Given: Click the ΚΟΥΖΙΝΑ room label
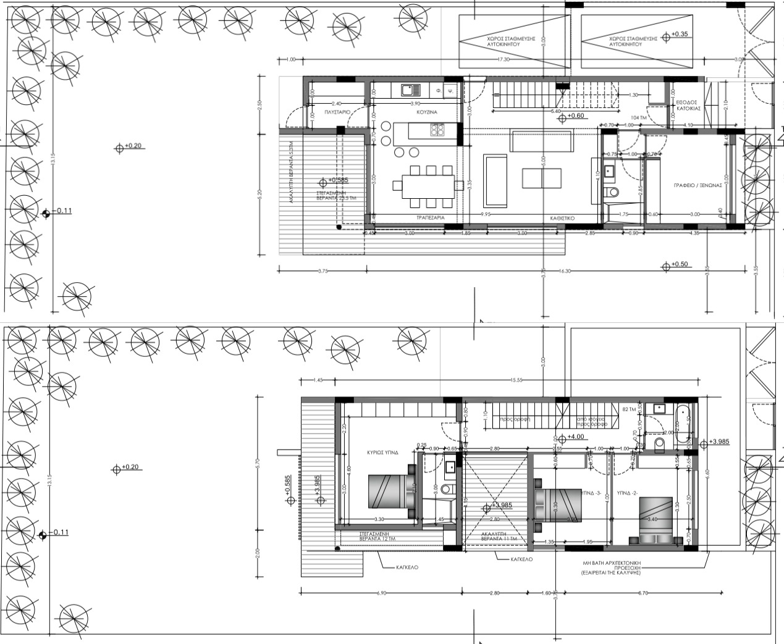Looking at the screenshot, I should pyautogui.click(x=426, y=113).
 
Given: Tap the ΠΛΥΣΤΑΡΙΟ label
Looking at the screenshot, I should pyautogui.click(x=338, y=112).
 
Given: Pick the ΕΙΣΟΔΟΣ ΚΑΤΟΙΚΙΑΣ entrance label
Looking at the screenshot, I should pyautogui.click(x=687, y=105).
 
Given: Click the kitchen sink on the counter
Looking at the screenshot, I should pyautogui.click(x=408, y=90).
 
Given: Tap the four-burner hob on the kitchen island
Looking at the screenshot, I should pyautogui.click(x=437, y=130).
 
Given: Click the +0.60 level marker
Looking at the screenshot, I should pyautogui.click(x=575, y=116).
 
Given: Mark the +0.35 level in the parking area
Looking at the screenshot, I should pyautogui.click(x=680, y=35).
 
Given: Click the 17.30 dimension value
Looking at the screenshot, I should pyautogui.click(x=503, y=59).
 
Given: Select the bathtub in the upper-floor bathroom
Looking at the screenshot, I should pyautogui.click(x=681, y=425).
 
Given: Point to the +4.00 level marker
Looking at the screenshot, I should pyautogui.click(x=575, y=437).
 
